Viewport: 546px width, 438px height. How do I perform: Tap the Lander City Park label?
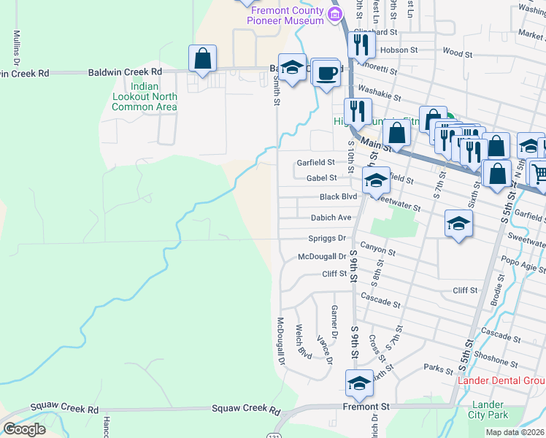tap(488, 410)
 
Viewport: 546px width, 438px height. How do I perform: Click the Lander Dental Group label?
tap(501, 380)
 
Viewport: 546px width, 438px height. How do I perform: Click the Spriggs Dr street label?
tap(326, 238)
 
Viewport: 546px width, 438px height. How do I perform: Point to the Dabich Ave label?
tap(331, 218)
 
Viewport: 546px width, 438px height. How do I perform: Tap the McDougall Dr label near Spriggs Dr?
tap(322, 256)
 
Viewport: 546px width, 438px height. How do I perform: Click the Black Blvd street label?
tap(339, 197)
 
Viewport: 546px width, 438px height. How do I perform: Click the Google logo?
tap(24, 429)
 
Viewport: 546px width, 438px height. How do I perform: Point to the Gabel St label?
tap(322, 177)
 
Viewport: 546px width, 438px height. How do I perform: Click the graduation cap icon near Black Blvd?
tap(376, 180)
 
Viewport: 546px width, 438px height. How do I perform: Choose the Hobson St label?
tap(399, 50)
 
